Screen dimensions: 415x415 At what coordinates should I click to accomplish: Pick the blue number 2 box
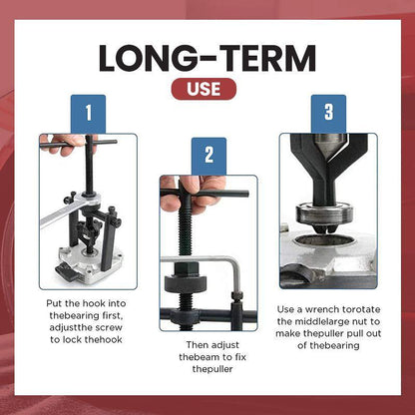click(207, 155)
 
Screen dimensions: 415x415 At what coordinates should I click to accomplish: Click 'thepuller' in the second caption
click(207, 369)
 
